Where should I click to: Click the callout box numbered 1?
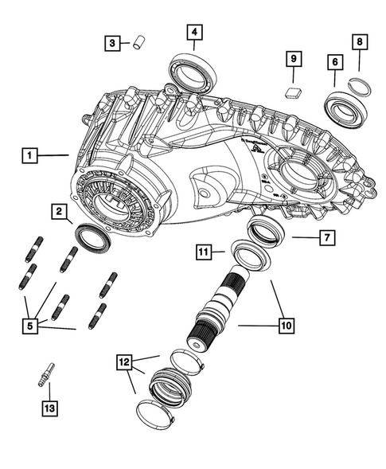pos(30,156)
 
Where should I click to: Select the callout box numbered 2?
pos(59,211)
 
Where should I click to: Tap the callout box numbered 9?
pos(294,60)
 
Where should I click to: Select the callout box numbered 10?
pos(284,325)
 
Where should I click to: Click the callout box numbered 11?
pos(205,252)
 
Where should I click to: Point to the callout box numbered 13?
pos(48,409)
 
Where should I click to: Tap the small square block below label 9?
pos(292,92)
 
